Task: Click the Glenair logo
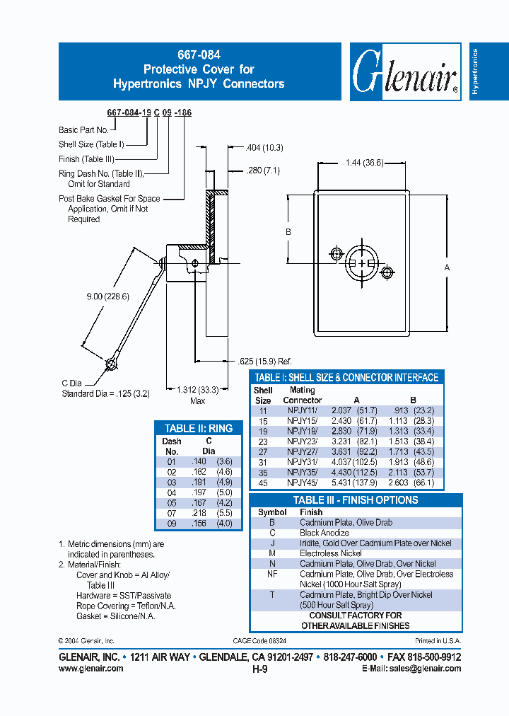click(405, 72)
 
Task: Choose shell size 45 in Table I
click(262, 483)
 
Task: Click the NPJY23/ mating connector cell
click(302, 440)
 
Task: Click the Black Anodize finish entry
click(324, 533)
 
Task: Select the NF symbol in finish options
click(272, 574)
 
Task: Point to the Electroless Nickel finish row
click(330, 553)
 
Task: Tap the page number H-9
click(259, 669)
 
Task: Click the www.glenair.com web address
click(90, 669)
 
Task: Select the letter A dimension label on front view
click(447, 267)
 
